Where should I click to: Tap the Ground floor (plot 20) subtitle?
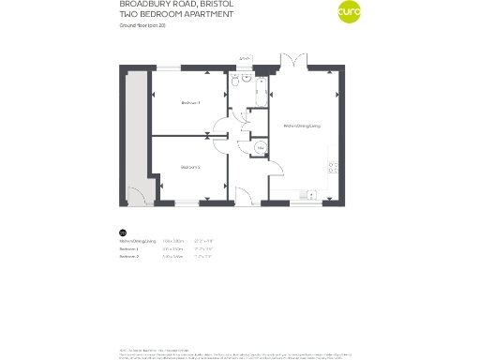click(x=142, y=27)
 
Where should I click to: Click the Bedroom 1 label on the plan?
click(x=191, y=102)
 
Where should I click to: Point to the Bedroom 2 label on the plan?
click(x=191, y=167)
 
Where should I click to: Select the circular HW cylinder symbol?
click(x=260, y=147)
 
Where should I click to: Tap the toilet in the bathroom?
click(x=243, y=82)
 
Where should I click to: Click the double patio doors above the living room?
click(x=293, y=61)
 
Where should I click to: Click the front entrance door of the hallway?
click(x=242, y=196)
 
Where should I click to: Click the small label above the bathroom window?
click(x=244, y=58)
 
